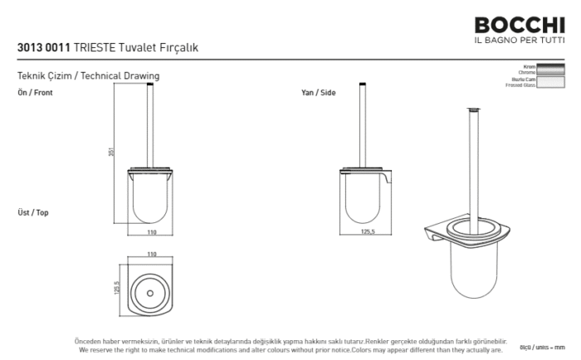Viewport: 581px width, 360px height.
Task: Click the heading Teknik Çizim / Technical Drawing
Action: [88, 75]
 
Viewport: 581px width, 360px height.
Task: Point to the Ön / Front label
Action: [35, 93]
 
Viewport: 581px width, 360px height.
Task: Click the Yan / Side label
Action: [318, 93]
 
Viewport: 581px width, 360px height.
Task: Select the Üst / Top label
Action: [33, 213]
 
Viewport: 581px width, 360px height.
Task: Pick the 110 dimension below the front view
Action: [152, 233]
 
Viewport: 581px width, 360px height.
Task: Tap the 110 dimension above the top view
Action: [152, 254]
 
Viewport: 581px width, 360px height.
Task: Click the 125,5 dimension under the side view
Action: [367, 233]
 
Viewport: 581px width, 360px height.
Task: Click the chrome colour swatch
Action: [551, 69]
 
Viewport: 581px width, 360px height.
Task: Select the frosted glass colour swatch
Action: [551, 81]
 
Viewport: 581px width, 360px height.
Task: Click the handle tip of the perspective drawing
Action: [474, 109]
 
